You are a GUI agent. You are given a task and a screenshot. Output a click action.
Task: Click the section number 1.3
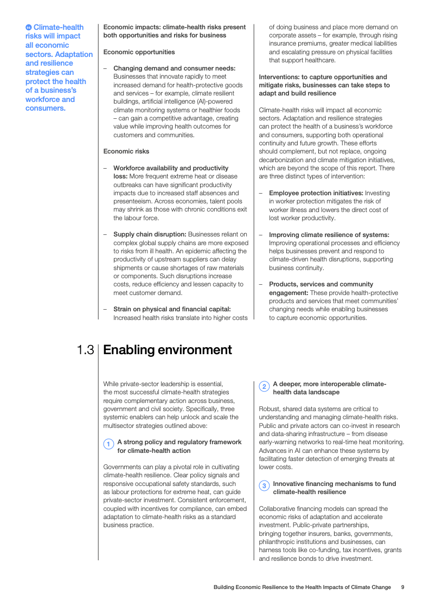click(86, 350)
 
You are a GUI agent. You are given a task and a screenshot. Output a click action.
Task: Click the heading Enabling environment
click(167, 350)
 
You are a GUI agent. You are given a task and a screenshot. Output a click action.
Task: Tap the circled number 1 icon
click(108, 445)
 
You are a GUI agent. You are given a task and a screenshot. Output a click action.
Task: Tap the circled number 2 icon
click(264, 387)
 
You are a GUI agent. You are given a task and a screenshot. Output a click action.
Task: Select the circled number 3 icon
click(264, 486)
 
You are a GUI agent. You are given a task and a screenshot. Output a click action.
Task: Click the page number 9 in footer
click(402, 587)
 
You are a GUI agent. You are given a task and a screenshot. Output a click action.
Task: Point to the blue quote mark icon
click(29, 27)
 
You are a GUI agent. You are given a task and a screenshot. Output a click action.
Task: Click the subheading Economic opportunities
click(139, 52)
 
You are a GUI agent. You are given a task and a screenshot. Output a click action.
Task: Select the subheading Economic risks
click(126, 151)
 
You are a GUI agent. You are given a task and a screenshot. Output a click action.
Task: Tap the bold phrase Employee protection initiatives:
click(316, 193)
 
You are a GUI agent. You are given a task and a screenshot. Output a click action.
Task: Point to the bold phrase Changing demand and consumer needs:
click(174, 68)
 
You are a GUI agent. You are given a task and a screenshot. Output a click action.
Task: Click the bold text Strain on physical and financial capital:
click(172, 309)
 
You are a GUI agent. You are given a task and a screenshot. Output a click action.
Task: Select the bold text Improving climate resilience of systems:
click(329, 235)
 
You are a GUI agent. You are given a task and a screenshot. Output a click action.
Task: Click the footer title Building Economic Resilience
click(301, 587)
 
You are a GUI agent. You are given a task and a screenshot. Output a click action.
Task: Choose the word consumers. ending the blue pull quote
click(46, 108)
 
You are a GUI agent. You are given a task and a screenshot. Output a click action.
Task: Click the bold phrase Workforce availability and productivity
click(171, 168)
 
